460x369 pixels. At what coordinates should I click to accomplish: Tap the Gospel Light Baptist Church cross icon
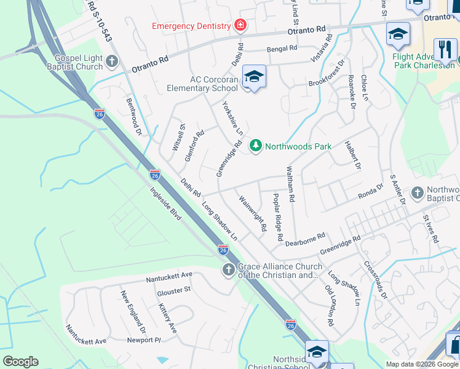point(111,61)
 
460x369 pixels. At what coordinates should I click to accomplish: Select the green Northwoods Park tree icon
point(255,146)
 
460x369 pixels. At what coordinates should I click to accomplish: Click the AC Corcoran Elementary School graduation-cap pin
point(254,77)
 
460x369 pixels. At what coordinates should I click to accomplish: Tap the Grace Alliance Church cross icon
point(228,270)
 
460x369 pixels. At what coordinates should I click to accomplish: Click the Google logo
point(20,362)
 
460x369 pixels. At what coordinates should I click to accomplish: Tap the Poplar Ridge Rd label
point(277,216)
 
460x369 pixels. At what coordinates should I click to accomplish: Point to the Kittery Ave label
point(167,318)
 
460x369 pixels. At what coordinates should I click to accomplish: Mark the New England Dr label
point(132,311)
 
